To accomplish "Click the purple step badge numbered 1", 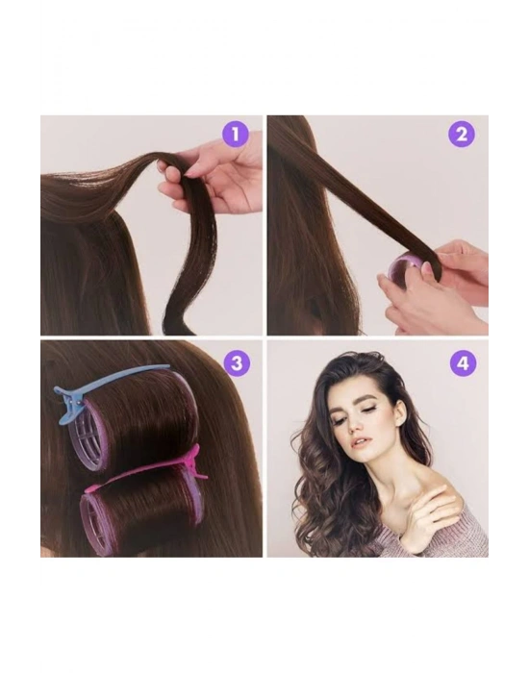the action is (235, 135).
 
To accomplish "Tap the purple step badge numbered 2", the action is (462, 135).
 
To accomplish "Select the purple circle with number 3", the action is (237, 363).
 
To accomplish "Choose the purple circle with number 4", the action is (463, 363).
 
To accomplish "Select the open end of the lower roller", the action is (98, 520).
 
